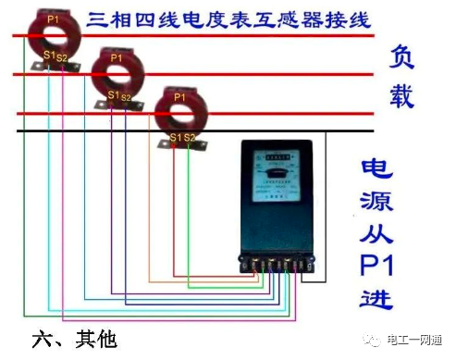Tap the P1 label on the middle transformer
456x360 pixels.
pyautogui.click(x=116, y=58)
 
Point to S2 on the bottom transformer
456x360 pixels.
pyautogui.click(x=191, y=138)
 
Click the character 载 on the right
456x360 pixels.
pyautogui.click(x=400, y=95)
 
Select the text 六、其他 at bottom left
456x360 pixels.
pyautogui.click(x=74, y=339)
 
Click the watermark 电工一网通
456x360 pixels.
pyautogui.click(x=414, y=339)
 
